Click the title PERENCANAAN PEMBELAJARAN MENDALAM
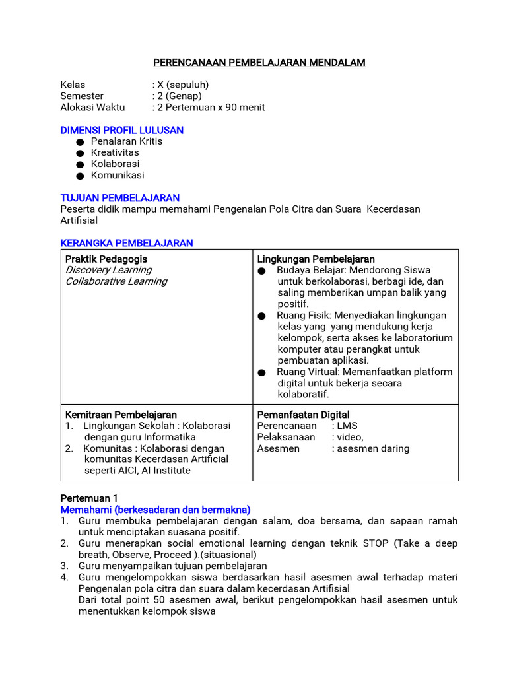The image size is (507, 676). (x=259, y=63)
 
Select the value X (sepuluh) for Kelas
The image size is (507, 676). (x=182, y=84)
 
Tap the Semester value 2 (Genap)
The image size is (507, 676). (x=179, y=96)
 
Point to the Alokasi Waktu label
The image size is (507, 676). (x=92, y=107)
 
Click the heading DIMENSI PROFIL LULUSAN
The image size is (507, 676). (x=121, y=130)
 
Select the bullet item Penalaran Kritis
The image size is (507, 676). (x=126, y=141)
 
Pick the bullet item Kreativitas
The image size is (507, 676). (x=115, y=152)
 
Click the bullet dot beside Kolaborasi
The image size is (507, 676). (x=80, y=164)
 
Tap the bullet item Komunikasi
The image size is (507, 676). (x=118, y=176)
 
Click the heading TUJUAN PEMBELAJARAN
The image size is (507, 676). (x=119, y=198)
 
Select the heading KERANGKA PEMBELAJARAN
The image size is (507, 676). (x=127, y=243)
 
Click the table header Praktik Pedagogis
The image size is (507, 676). (x=106, y=259)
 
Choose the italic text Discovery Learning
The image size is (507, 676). (x=108, y=270)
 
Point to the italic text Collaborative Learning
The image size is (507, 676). (x=116, y=281)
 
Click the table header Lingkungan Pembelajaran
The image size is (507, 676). (x=316, y=259)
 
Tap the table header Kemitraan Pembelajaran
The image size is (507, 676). (x=116, y=415)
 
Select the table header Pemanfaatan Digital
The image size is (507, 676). (x=303, y=415)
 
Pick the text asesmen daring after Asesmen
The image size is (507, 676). (x=374, y=448)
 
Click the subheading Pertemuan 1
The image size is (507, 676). (x=88, y=498)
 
